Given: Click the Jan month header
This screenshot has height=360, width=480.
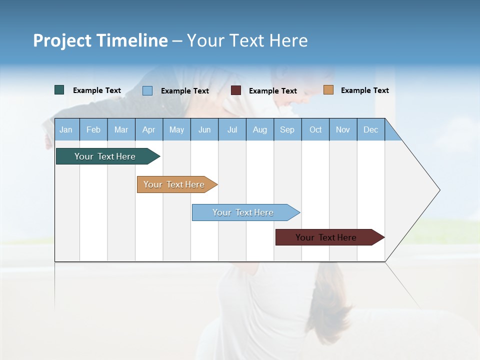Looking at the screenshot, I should (x=66, y=129).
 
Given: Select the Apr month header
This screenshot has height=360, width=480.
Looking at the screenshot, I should (x=148, y=129).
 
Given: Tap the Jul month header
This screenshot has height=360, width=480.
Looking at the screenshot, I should (x=232, y=129).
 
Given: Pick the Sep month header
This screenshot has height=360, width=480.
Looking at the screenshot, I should (x=287, y=129).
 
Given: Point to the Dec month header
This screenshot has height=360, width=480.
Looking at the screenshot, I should (x=370, y=129).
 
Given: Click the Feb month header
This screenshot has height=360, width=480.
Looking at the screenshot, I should (x=93, y=129).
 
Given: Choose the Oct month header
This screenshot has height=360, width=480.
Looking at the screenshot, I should (x=315, y=129).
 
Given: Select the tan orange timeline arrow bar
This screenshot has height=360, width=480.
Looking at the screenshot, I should (x=175, y=184).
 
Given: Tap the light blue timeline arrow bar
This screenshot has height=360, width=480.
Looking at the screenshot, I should (x=244, y=212).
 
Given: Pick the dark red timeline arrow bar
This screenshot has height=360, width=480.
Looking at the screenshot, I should (x=327, y=237).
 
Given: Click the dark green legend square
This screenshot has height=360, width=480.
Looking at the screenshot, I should (x=59, y=90).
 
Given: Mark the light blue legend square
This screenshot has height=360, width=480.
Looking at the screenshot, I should (x=147, y=90).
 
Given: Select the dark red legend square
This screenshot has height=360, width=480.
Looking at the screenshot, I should (x=236, y=90).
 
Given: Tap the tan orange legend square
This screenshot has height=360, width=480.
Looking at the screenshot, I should (x=328, y=90).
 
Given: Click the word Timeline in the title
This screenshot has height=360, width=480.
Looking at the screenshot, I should (x=131, y=40).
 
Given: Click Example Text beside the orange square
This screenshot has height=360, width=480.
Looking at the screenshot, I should (x=364, y=90).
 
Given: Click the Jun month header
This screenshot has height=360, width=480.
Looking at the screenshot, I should (x=204, y=129).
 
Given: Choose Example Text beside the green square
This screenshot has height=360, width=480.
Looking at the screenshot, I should (x=97, y=90).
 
